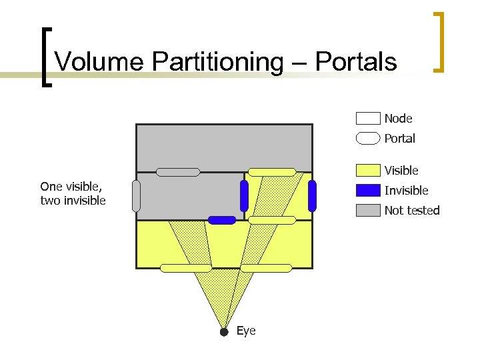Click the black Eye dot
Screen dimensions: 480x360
click(224, 331)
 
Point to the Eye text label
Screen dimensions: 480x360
click(246, 331)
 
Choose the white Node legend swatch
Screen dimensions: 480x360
click(368, 119)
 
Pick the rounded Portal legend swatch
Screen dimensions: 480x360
click(368, 139)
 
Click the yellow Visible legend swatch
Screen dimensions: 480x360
click(368, 171)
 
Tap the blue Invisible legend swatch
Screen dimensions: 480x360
click(368, 191)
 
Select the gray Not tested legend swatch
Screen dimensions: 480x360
click(368, 211)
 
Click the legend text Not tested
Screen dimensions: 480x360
click(412, 211)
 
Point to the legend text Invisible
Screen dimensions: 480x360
click(406, 191)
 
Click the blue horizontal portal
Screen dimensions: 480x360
click(222, 220)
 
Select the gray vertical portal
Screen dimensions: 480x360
click(137, 196)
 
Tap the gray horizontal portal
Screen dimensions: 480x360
click(178, 172)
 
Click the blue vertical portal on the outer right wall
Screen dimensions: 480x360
click(312, 196)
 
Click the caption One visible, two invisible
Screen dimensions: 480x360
click(73, 193)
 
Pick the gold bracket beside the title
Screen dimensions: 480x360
click(439, 41)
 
